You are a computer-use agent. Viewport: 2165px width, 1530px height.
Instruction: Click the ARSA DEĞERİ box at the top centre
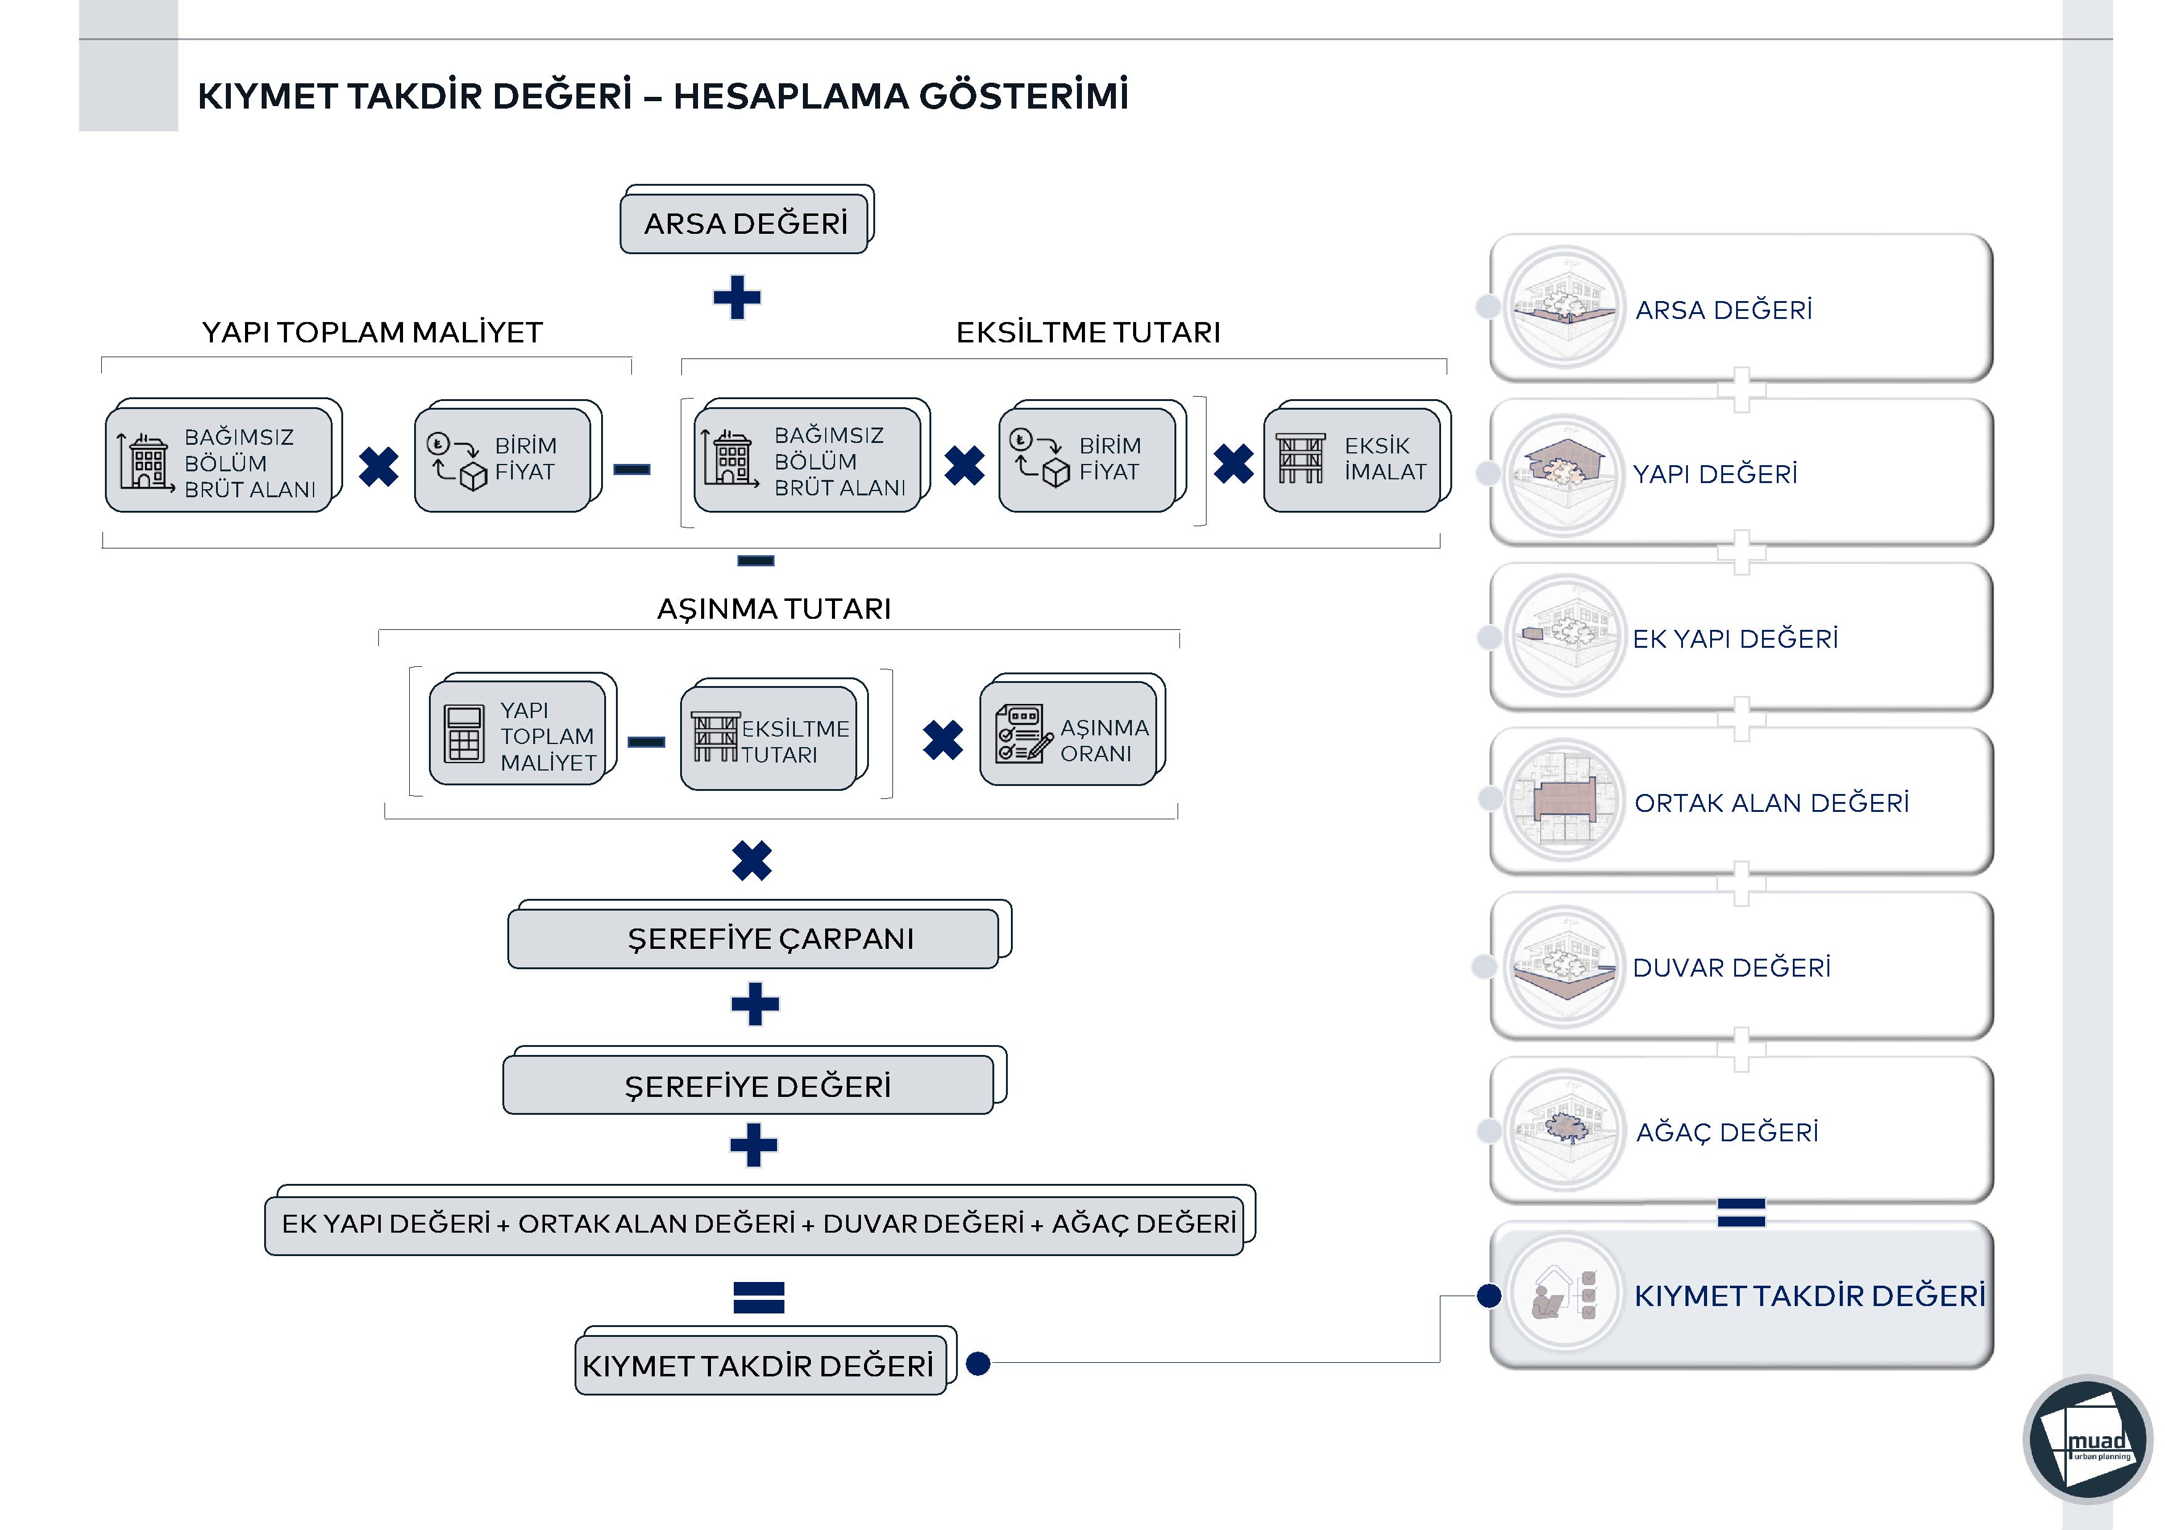[x=745, y=223]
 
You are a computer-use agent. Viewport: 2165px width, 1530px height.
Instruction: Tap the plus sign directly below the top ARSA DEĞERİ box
[x=736, y=298]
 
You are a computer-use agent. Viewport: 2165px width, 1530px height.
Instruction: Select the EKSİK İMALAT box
[x=1352, y=459]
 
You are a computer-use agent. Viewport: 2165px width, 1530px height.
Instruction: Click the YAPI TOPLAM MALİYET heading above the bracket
[x=373, y=333]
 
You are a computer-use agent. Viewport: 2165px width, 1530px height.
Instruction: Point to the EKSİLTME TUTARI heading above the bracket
[x=1088, y=333]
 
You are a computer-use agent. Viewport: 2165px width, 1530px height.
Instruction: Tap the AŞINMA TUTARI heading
[x=773, y=609]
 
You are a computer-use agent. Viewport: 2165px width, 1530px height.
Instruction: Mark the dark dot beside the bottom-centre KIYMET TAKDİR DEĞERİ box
[x=979, y=1363]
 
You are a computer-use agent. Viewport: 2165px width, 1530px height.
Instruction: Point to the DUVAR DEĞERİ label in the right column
[x=1731, y=968]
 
